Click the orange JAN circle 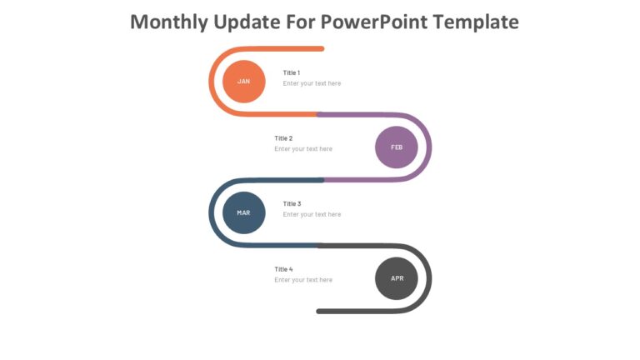pyautogui.click(x=243, y=82)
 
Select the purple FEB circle pyautogui.click(x=397, y=147)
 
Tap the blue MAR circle pyautogui.click(x=243, y=212)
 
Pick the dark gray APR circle pyautogui.click(x=397, y=278)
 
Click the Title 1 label pyautogui.click(x=292, y=72)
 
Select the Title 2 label pyautogui.click(x=283, y=138)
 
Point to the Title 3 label pyautogui.click(x=292, y=203)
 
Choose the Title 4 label pyautogui.click(x=283, y=269)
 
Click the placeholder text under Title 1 pyautogui.click(x=312, y=83)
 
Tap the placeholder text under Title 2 pyautogui.click(x=303, y=149)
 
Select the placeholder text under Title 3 pyautogui.click(x=312, y=214)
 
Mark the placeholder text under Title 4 pyautogui.click(x=303, y=280)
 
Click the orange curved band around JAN pyautogui.click(x=212, y=82)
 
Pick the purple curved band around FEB pyautogui.click(x=428, y=147)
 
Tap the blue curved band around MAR pyautogui.click(x=212, y=212)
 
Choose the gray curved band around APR pyautogui.click(x=428, y=278)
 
